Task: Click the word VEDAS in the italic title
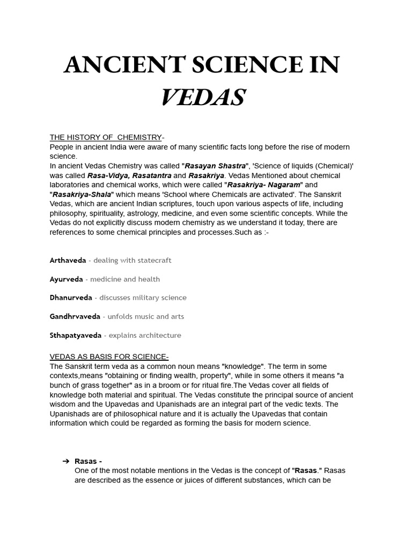tap(203, 98)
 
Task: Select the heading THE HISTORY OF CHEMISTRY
tap(106, 137)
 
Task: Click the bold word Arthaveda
tap(68, 260)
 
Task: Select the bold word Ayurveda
tap(67, 279)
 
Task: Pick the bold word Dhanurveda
tap(71, 298)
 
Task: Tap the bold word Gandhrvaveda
tap(75, 316)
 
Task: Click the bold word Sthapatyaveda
tap(76, 335)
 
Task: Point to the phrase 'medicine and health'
tap(125, 279)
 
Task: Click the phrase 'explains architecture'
tap(145, 335)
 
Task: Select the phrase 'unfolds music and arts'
tap(145, 316)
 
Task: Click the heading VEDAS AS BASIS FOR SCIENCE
tap(109, 357)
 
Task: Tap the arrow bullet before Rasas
tap(65, 461)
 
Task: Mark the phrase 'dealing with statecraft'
tap(132, 260)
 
